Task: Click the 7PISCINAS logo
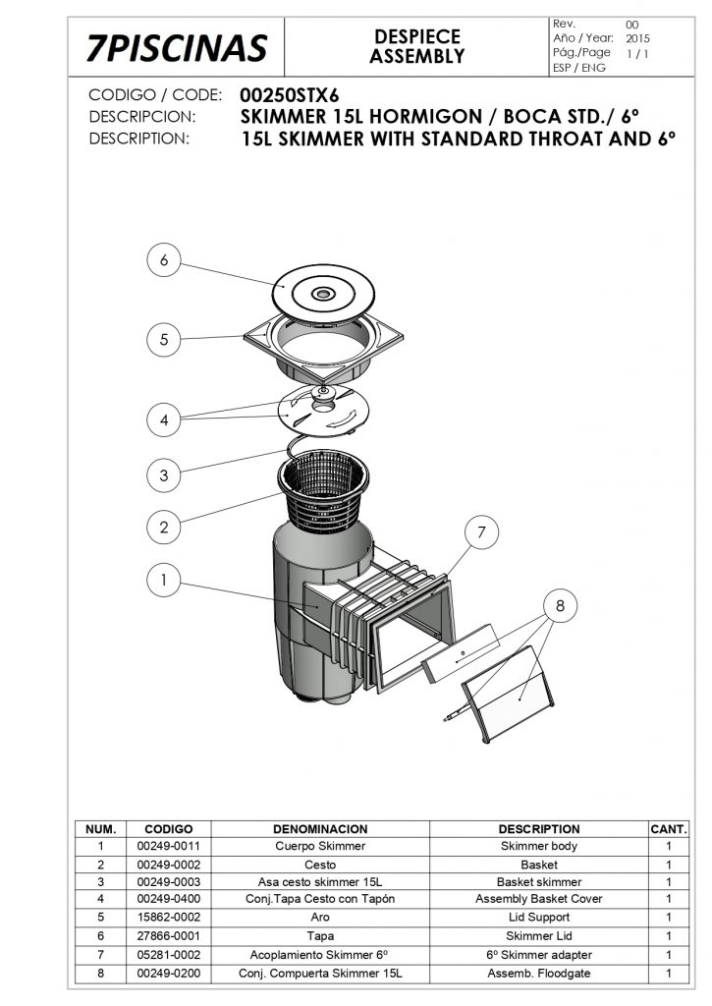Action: click(x=177, y=48)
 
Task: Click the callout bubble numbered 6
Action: click(x=164, y=259)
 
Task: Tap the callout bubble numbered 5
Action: click(x=164, y=339)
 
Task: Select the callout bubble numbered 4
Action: click(x=164, y=420)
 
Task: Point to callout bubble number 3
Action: click(x=164, y=475)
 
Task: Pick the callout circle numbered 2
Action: click(x=164, y=528)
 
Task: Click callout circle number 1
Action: click(x=164, y=580)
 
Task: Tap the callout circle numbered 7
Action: click(x=482, y=531)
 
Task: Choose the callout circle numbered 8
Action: click(x=560, y=605)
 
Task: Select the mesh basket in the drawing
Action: click(x=323, y=491)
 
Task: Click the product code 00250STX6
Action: click(x=290, y=95)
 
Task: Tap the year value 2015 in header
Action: click(x=637, y=38)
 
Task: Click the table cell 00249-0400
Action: click(x=169, y=899)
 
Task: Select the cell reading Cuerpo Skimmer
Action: click(x=320, y=846)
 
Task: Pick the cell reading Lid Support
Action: click(x=539, y=918)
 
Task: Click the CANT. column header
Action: click(x=669, y=829)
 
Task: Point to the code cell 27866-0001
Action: click(x=169, y=936)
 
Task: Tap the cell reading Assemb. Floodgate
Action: click(x=539, y=974)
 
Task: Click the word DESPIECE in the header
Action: click(x=417, y=36)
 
